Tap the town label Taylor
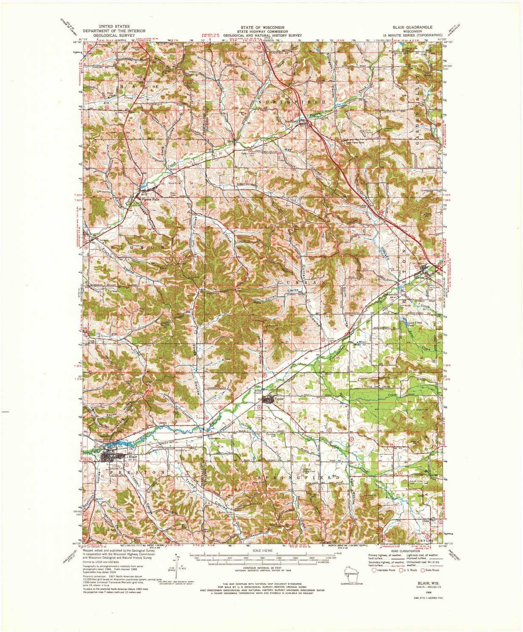point(278,399)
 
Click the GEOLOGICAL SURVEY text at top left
point(114,36)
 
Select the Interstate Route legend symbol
point(374,571)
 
